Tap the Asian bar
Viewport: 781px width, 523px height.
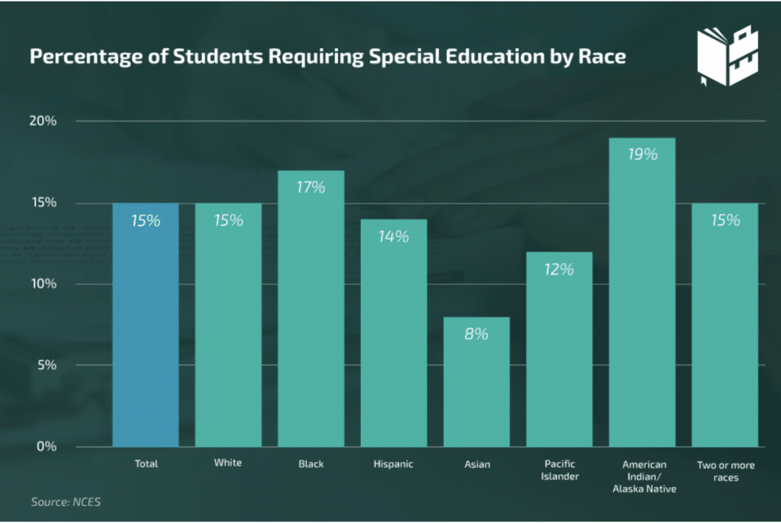pyautogui.click(x=476, y=382)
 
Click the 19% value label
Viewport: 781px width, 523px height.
pyautogui.click(x=641, y=155)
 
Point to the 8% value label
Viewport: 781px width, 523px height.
pyautogui.click(x=476, y=334)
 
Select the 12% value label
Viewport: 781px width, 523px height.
pyautogui.click(x=559, y=269)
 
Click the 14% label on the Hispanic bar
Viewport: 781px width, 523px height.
pyautogui.click(x=394, y=237)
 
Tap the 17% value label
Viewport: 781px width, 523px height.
pyautogui.click(x=310, y=188)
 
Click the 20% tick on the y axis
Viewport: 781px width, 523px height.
pyautogui.click(x=44, y=121)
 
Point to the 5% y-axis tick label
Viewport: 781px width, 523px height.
pyautogui.click(x=47, y=365)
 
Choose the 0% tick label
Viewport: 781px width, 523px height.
pyautogui.click(x=47, y=446)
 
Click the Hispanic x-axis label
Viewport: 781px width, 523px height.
pyautogui.click(x=394, y=464)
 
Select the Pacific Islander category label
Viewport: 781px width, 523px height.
pyautogui.click(x=559, y=470)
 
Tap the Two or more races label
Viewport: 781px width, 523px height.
pyautogui.click(x=725, y=470)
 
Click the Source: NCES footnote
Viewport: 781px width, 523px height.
pyautogui.click(x=66, y=502)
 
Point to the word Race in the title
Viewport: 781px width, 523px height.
pyautogui.click(x=604, y=57)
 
